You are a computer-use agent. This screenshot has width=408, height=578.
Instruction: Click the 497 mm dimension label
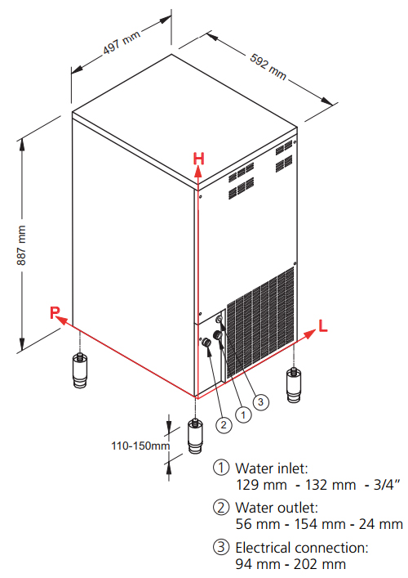tap(122, 42)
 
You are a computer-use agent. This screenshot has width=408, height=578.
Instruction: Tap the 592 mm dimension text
tap(268, 66)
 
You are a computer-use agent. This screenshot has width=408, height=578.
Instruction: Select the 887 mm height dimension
tap(21, 245)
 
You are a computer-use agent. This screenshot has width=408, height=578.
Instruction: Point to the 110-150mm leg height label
tap(140, 446)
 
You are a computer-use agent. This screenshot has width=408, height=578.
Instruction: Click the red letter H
tap(198, 159)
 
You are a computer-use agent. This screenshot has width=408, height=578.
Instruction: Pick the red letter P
tap(55, 312)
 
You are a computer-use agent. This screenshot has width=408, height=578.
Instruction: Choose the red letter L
tap(322, 326)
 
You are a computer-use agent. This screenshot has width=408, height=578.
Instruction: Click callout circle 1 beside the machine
tap(243, 415)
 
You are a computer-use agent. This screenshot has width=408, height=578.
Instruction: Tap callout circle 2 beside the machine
tap(224, 425)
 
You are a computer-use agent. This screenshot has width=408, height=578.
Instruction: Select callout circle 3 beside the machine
tap(260, 401)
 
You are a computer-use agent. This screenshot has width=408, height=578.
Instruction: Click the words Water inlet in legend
tap(272, 468)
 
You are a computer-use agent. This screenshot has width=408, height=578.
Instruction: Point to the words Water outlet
tap(277, 508)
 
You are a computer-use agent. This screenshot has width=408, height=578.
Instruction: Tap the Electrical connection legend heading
tap(302, 548)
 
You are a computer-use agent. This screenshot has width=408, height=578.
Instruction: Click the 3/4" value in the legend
tap(386, 484)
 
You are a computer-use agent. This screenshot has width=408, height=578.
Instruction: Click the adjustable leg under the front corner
tap(195, 436)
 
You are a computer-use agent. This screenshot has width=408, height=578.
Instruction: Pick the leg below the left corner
tap(80, 370)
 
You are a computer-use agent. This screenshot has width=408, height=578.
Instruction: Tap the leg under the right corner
tap(294, 385)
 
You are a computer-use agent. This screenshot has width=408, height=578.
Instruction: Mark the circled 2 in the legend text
tap(221, 507)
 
